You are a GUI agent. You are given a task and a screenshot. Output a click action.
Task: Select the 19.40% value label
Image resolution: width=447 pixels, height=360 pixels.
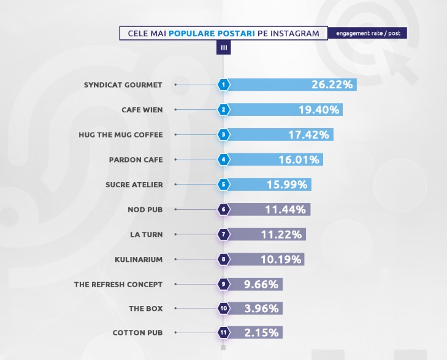pyautogui.click(x=315, y=110)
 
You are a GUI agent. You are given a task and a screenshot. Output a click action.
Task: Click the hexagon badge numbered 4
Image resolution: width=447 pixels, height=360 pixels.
pyautogui.click(x=224, y=160)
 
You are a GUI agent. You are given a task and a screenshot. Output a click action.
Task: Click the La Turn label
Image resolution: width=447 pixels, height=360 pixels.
pyautogui.click(x=147, y=234)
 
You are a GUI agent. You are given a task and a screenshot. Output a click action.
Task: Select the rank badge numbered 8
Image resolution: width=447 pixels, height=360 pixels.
pyautogui.click(x=224, y=259)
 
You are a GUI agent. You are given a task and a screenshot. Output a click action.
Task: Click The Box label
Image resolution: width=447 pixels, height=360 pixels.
pyautogui.click(x=145, y=309)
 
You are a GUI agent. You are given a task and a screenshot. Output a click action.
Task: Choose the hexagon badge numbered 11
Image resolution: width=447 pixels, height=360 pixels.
pyautogui.click(x=224, y=334)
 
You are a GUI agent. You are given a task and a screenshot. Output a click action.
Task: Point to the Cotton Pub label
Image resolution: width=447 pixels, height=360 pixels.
pyautogui.click(x=137, y=334)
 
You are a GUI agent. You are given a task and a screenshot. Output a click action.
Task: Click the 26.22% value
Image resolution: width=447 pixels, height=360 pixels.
pyautogui.click(x=332, y=85)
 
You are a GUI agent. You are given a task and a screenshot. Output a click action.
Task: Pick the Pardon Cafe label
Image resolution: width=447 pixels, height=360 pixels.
pyautogui.click(x=136, y=159)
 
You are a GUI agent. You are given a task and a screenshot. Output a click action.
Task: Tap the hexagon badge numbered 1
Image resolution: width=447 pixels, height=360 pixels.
pyautogui.click(x=224, y=85)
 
